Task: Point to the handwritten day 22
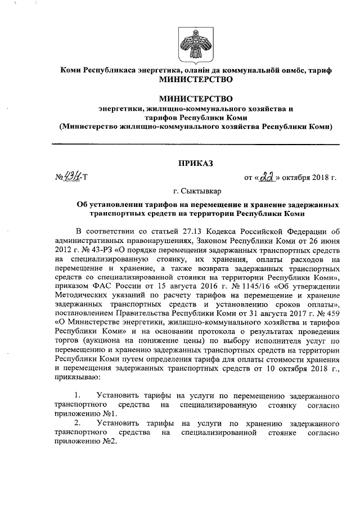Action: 264,178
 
